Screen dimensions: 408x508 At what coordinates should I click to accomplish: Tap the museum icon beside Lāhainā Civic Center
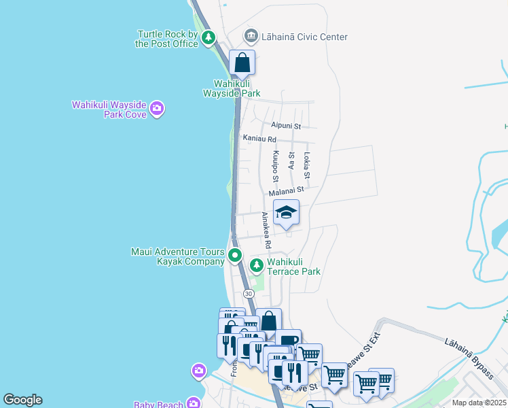click(251, 36)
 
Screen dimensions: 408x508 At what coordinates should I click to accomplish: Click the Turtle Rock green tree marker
click(208, 37)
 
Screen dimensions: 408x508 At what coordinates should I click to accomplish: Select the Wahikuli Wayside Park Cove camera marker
click(157, 108)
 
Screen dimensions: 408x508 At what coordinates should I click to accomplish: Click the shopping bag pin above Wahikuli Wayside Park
click(242, 63)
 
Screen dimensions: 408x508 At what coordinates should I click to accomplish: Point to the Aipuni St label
click(285, 126)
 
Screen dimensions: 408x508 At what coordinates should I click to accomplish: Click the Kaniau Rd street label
click(259, 139)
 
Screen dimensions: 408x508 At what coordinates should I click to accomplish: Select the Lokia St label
click(307, 167)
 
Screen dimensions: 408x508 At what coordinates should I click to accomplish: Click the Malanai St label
click(285, 193)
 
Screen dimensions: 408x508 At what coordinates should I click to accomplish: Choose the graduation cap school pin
click(286, 213)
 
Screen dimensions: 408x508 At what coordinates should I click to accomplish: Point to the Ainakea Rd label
click(268, 230)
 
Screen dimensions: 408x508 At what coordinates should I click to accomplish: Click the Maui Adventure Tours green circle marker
click(235, 256)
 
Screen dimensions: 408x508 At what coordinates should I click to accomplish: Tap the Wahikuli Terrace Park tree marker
click(256, 265)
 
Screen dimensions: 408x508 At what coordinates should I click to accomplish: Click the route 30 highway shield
click(249, 293)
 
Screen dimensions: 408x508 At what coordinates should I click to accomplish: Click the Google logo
click(22, 400)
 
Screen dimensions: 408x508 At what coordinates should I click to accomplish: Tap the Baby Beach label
click(158, 405)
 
